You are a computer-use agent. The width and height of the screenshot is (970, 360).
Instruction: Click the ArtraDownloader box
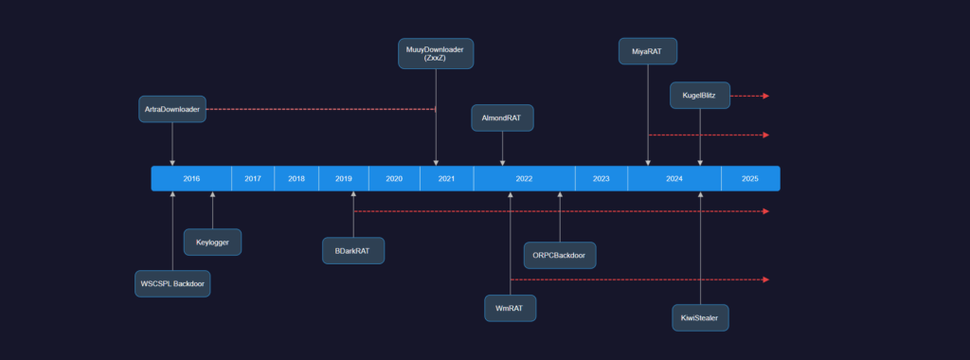tap(172, 109)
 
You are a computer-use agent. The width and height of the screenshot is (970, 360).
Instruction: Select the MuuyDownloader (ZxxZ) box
tap(436, 53)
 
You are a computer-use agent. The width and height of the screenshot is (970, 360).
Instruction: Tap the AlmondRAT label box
tap(502, 118)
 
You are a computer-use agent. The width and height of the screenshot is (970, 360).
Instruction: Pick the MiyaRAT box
tap(648, 51)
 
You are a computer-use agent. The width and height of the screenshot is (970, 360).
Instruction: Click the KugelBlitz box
tap(700, 96)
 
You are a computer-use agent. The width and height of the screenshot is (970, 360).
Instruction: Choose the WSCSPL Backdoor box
tap(171, 283)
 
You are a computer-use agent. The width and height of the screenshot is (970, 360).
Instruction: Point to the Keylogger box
tap(212, 243)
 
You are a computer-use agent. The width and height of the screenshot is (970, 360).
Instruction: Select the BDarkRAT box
tap(353, 251)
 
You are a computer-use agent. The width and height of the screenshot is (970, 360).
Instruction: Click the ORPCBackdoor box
tap(560, 255)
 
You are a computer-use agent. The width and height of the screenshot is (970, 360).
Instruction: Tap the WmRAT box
tap(510, 308)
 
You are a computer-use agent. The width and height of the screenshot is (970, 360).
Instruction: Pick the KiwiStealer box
tap(700, 317)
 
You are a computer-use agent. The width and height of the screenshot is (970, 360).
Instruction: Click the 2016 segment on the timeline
tap(191, 178)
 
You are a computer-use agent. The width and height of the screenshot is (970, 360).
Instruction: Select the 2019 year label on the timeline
tap(344, 178)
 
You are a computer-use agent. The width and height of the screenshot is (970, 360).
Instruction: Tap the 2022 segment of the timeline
tap(524, 178)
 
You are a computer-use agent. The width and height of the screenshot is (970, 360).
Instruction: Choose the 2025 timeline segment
tap(750, 178)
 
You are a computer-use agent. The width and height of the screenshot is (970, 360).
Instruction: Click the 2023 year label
tap(601, 178)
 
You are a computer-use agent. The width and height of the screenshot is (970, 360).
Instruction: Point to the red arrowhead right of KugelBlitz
tap(764, 96)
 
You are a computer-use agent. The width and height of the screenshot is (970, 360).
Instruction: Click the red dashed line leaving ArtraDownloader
tap(322, 109)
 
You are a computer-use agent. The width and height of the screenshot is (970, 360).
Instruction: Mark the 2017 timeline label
tap(253, 178)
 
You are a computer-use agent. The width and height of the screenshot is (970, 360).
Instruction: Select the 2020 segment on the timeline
tap(394, 178)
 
